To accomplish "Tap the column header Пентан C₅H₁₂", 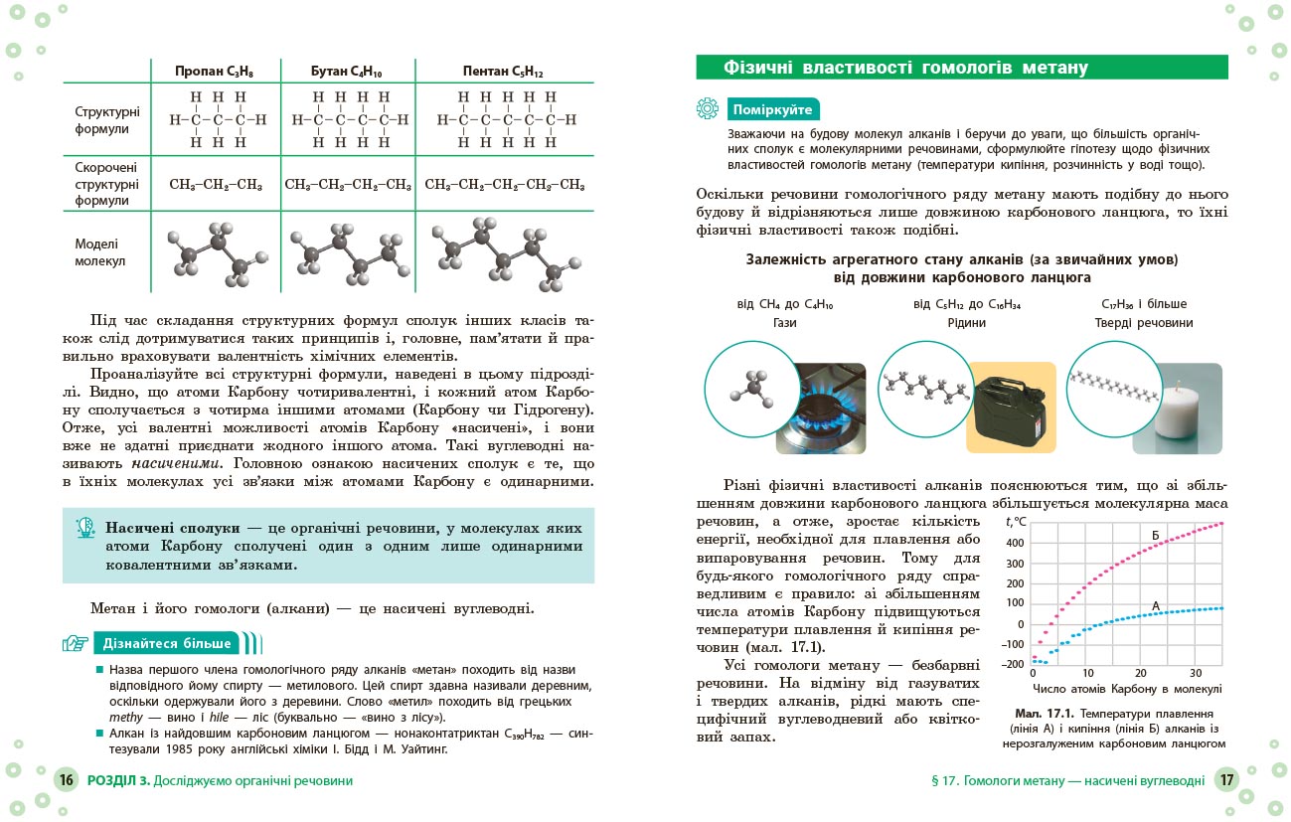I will click(503, 72).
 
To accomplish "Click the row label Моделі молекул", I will click(97, 252).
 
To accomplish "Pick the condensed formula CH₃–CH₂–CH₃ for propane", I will click(216, 185).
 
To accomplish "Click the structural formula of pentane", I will click(504, 120).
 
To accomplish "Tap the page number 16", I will click(66, 780).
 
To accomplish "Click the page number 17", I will click(1226, 780).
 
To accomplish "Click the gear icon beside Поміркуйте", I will click(708, 109).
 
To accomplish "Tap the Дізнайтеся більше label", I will click(167, 643).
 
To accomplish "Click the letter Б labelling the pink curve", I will click(1156, 535).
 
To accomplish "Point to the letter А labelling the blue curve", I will click(1156, 605).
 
